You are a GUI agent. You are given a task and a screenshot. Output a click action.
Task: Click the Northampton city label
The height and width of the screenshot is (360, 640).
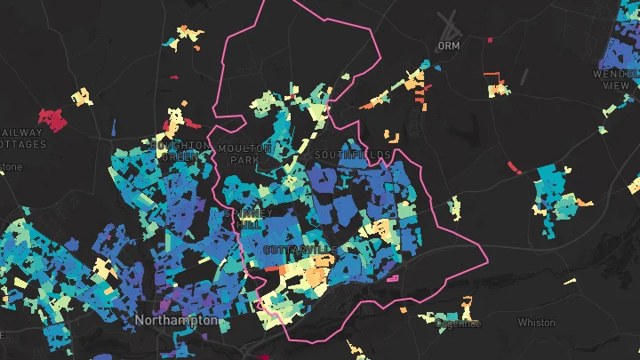(x=176, y=319)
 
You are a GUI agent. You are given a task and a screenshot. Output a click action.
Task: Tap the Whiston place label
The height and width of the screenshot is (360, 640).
(x=536, y=323)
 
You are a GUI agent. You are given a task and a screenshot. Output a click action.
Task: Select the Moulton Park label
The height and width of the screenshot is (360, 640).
(x=238, y=153)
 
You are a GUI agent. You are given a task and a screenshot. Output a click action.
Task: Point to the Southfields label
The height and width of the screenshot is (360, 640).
(x=352, y=155)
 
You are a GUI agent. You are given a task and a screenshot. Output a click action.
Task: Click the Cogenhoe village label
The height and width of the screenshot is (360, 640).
(x=458, y=324)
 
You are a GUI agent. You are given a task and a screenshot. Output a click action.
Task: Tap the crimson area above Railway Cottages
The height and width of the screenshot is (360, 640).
(x=53, y=117)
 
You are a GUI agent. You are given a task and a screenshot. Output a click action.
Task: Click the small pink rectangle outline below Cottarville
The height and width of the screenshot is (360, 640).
(x=391, y=280)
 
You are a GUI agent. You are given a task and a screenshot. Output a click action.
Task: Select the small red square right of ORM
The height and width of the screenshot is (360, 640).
(x=490, y=39)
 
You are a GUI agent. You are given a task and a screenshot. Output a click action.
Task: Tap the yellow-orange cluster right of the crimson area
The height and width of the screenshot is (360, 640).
(x=82, y=96)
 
